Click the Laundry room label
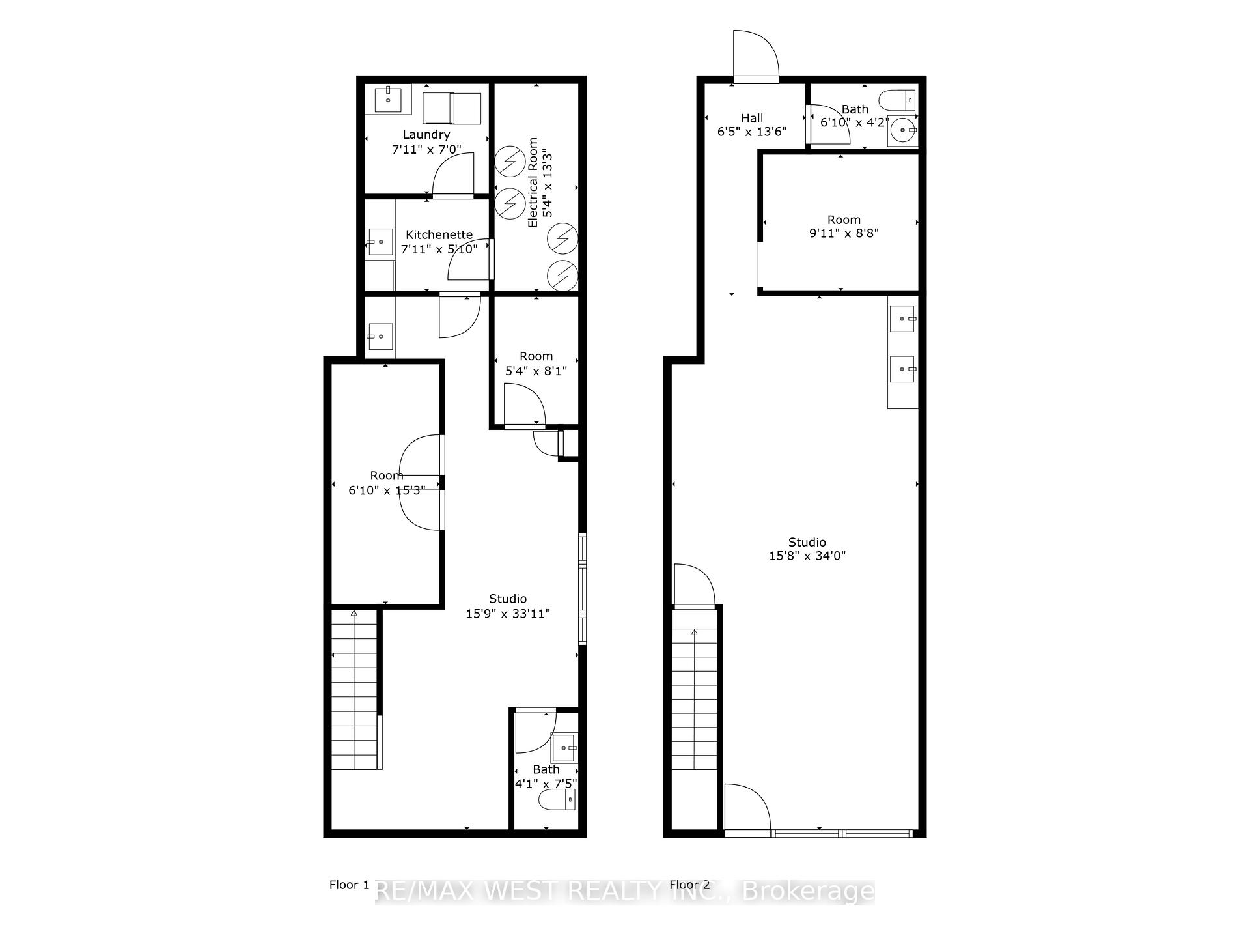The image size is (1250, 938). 426,135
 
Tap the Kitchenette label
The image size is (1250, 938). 439,235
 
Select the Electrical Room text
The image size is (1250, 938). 533,182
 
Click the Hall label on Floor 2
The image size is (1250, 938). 752,119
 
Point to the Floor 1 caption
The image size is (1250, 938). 349,885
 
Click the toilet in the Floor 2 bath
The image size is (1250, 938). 898,100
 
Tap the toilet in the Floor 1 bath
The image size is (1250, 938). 557,800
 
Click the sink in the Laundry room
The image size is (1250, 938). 388,100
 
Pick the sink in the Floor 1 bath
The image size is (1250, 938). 564,748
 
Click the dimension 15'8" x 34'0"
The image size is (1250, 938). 807,556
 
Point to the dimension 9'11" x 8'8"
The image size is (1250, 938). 844,233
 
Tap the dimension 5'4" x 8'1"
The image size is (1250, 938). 536,371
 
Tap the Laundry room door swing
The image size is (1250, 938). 453,174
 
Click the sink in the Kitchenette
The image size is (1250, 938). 380,242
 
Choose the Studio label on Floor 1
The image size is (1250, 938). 508,599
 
